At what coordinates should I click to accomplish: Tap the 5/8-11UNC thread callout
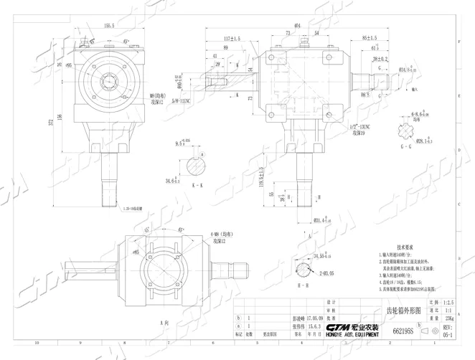coord(171,103)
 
